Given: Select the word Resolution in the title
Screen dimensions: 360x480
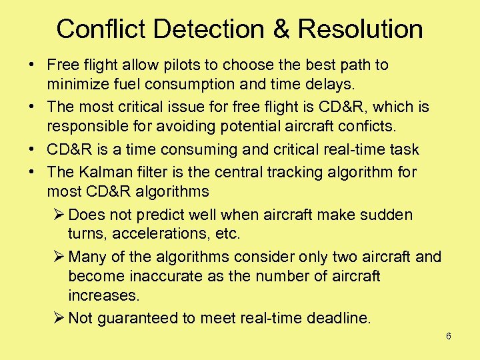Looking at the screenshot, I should pos(360,29).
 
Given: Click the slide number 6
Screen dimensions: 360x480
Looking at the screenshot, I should pos(449,337).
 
